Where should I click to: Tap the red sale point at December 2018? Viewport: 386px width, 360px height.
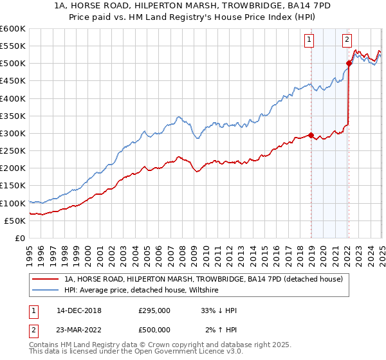(311, 135)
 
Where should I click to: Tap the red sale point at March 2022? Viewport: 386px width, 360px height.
(349, 63)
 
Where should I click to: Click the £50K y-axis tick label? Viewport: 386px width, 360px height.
(15, 221)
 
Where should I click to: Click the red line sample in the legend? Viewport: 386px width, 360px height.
(46, 280)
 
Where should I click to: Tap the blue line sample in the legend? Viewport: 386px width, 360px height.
(46, 291)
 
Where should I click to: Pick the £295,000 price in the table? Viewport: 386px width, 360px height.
(154, 310)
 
